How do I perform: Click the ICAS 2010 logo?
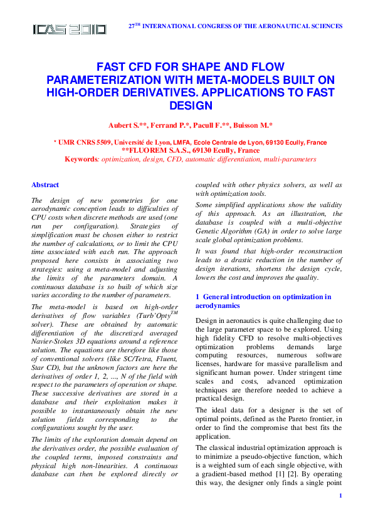[x=69, y=29]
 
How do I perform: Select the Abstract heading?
[x=45, y=185]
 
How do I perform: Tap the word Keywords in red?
[x=82, y=159]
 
